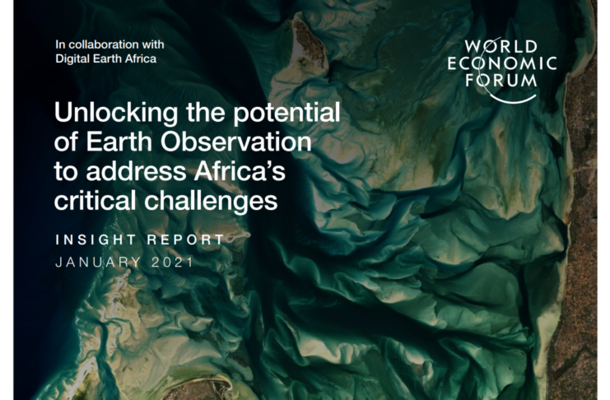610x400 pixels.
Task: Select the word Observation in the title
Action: pyautogui.click(x=236, y=142)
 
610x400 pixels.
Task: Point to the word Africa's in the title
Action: pyautogui.click(x=240, y=171)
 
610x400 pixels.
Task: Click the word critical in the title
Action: pyautogui.click(x=95, y=201)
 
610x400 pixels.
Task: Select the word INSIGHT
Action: pyautogui.click(x=96, y=240)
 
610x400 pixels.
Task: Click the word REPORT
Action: pyautogui.click(x=186, y=240)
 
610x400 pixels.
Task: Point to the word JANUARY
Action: pyautogui.click(x=98, y=263)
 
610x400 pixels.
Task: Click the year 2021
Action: pyautogui.click(x=172, y=263)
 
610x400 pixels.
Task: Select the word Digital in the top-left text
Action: pyautogui.click(x=68, y=58)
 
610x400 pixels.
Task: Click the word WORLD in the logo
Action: pyautogui.click(x=501, y=47)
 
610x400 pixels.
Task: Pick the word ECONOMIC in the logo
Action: pyautogui.click(x=502, y=63)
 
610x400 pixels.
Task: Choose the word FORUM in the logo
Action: pyautogui.click(x=501, y=80)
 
